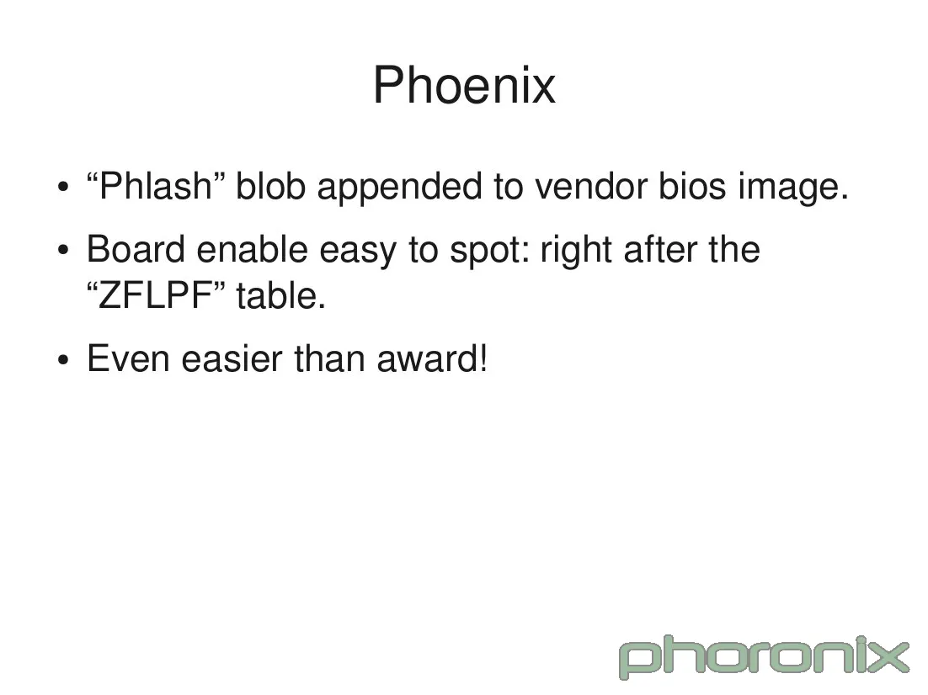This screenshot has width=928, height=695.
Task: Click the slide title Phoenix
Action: coord(464,85)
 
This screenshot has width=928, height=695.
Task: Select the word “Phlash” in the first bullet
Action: coord(155,187)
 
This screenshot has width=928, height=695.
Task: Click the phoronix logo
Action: coord(764,657)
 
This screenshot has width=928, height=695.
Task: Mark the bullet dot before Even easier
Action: coord(63,361)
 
